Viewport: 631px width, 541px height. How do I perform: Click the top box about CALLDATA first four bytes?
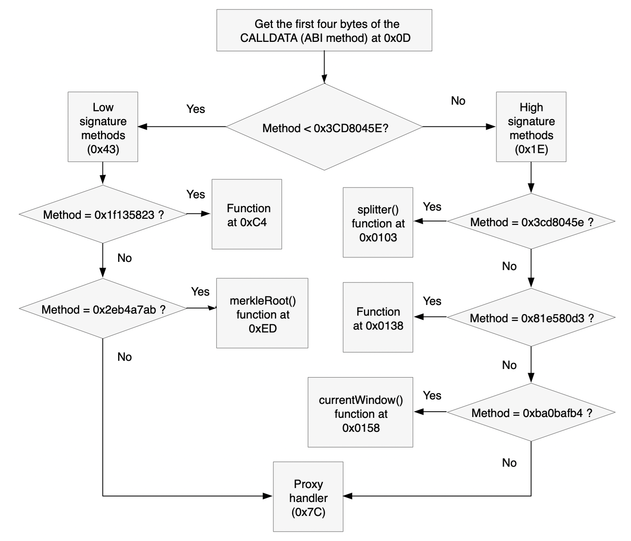point(324,30)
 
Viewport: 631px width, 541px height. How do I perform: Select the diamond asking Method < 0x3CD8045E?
point(324,127)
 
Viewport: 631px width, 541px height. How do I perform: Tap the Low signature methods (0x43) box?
point(103,127)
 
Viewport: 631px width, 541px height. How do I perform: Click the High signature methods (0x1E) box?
point(531,127)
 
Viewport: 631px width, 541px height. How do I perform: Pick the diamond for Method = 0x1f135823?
point(103,214)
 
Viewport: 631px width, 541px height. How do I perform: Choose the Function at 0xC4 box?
point(247,214)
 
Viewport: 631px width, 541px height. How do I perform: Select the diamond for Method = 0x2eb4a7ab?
point(103,309)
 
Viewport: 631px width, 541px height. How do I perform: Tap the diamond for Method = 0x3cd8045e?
point(531,222)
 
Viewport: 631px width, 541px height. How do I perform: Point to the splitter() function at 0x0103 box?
point(378,222)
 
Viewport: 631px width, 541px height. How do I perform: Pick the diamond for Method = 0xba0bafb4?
point(531,413)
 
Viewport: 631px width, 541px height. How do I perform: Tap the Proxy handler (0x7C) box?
point(308,497)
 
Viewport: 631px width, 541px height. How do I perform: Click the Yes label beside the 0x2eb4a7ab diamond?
point(200,292)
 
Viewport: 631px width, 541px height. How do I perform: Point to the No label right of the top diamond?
point(458,101)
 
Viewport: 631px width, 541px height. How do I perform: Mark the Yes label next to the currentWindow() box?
point(432,396)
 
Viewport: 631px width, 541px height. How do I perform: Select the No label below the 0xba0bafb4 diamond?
point(509,463)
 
